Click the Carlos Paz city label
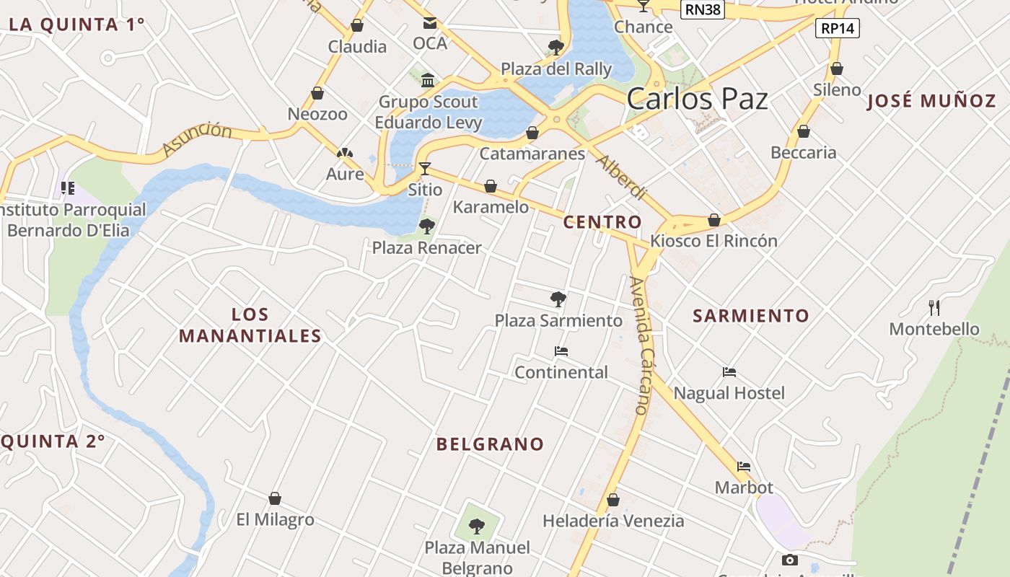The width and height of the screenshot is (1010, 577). pos(697,99)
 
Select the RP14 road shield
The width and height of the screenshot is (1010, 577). pos(838,29)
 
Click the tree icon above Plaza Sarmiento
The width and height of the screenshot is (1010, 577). pos(558,299)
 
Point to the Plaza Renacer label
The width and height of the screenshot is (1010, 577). pos(426,248)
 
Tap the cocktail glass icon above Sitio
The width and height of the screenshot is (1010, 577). pos(425,169)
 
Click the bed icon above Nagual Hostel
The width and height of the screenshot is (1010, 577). pos(729,372)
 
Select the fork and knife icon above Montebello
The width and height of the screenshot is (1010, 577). pos(934,308)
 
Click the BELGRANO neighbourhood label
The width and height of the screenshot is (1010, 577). pos(490,444)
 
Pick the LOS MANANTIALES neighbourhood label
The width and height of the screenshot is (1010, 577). pos(250,325)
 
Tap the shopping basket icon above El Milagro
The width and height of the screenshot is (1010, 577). pos(275,498)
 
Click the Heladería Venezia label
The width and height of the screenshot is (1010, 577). pos(613,521)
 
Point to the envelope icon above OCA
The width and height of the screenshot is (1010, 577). pos(430,23)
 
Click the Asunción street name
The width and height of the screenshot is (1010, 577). pos(197,138)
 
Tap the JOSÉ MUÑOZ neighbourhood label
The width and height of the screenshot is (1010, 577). pos(931,101)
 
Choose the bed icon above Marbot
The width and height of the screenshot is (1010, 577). pos(744,467)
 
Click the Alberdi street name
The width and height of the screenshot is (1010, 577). pos(620,177)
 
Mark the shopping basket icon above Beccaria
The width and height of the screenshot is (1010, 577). pos(803,131)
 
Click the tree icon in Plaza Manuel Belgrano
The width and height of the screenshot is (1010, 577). pos(476,526)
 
